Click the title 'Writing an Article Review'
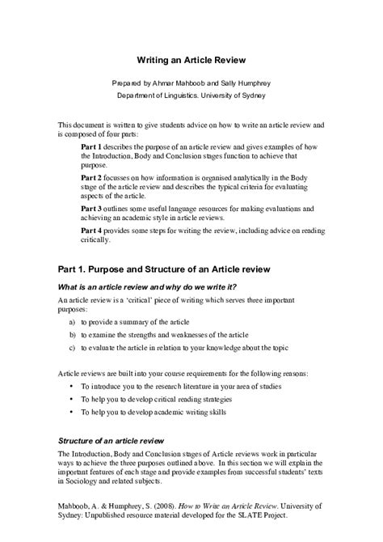191,60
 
